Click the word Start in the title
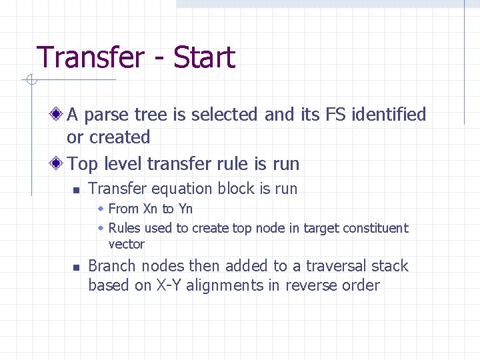coord(204,57)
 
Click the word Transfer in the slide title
coord(89,57)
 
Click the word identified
coord(389,115)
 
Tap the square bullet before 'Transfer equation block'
coord(77,190)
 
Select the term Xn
coord(151,209)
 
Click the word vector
coord(126,244)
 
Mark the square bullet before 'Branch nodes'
coord(77,267)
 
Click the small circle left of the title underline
coord(30,81)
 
